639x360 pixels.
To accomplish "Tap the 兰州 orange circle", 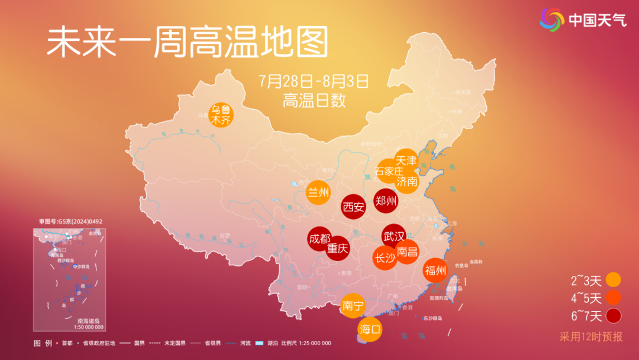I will click(318, 192).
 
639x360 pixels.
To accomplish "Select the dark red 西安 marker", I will click(354, 207).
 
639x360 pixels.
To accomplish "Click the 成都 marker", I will click(319, 239).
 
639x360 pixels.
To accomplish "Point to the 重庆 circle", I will click(338, 248).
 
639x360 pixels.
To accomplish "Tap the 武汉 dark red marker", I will click(393, 236).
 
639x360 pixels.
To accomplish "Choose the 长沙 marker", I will click(385, 258).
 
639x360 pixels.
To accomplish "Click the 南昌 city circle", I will click(408, 252).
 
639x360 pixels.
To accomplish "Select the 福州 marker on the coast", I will click(435, 271).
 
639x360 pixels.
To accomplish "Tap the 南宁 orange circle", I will click(353, 306).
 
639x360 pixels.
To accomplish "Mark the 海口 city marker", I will click(370, 329).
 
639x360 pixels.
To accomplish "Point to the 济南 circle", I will click(408, 181).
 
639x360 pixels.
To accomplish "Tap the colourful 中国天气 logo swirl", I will click(552, 20).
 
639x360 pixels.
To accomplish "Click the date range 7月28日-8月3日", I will click(314, 80).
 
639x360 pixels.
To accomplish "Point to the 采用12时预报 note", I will click(591, 337).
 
